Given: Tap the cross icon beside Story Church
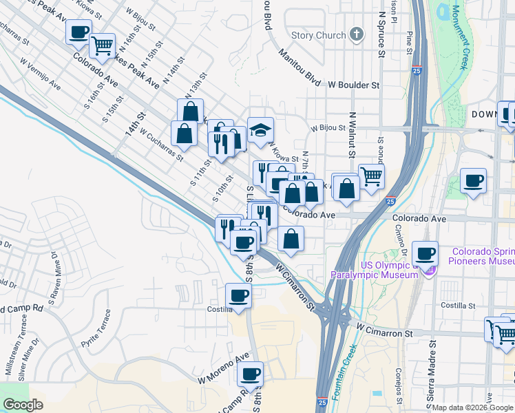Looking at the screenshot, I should pos(356,34).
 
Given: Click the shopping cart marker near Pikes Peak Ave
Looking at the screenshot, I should pos(102,46).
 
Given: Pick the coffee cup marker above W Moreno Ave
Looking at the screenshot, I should pos(250,374).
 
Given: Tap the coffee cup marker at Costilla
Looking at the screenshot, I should pos(238,297).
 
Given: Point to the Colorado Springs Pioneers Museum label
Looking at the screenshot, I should pos(482,257).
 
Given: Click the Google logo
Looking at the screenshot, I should pos(23,405).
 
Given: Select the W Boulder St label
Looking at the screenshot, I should pos(354,85).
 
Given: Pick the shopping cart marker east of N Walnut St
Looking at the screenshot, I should pos(371,176).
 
